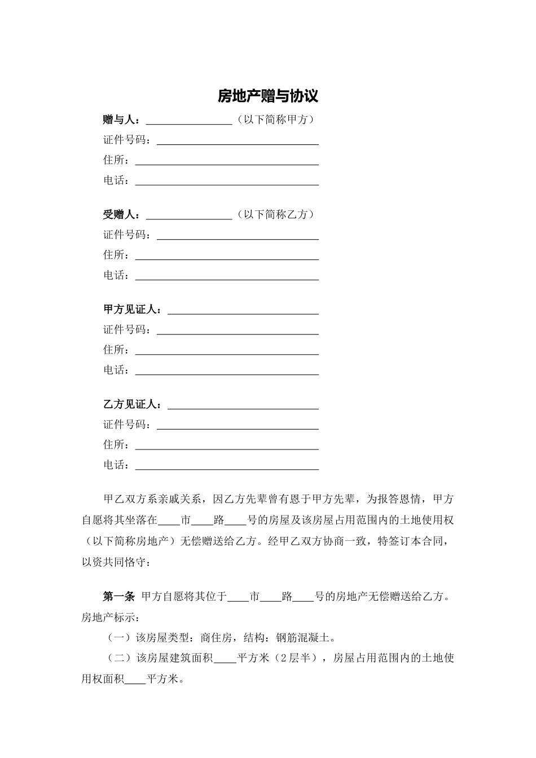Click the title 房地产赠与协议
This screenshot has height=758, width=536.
coord(268,96)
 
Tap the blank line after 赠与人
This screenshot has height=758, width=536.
coord(189,121)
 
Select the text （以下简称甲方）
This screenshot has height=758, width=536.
coord(275,120)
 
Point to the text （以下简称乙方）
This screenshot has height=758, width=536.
coord(275,214)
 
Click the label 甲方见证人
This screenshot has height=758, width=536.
coord(131,310)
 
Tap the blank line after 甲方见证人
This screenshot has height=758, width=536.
coord(243,311)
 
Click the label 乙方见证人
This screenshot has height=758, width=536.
coord(131,404)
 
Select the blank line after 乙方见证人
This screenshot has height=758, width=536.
coord(243,406)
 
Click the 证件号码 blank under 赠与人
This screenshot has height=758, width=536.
coord(238,142)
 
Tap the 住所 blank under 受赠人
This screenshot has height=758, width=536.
coord(227,257)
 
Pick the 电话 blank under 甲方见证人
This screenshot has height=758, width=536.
coord(227,372)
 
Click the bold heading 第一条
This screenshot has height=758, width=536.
coord(118,596)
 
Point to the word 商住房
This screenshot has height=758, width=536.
coord(215,638)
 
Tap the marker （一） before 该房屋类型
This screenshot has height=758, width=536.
coord(119,638)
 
